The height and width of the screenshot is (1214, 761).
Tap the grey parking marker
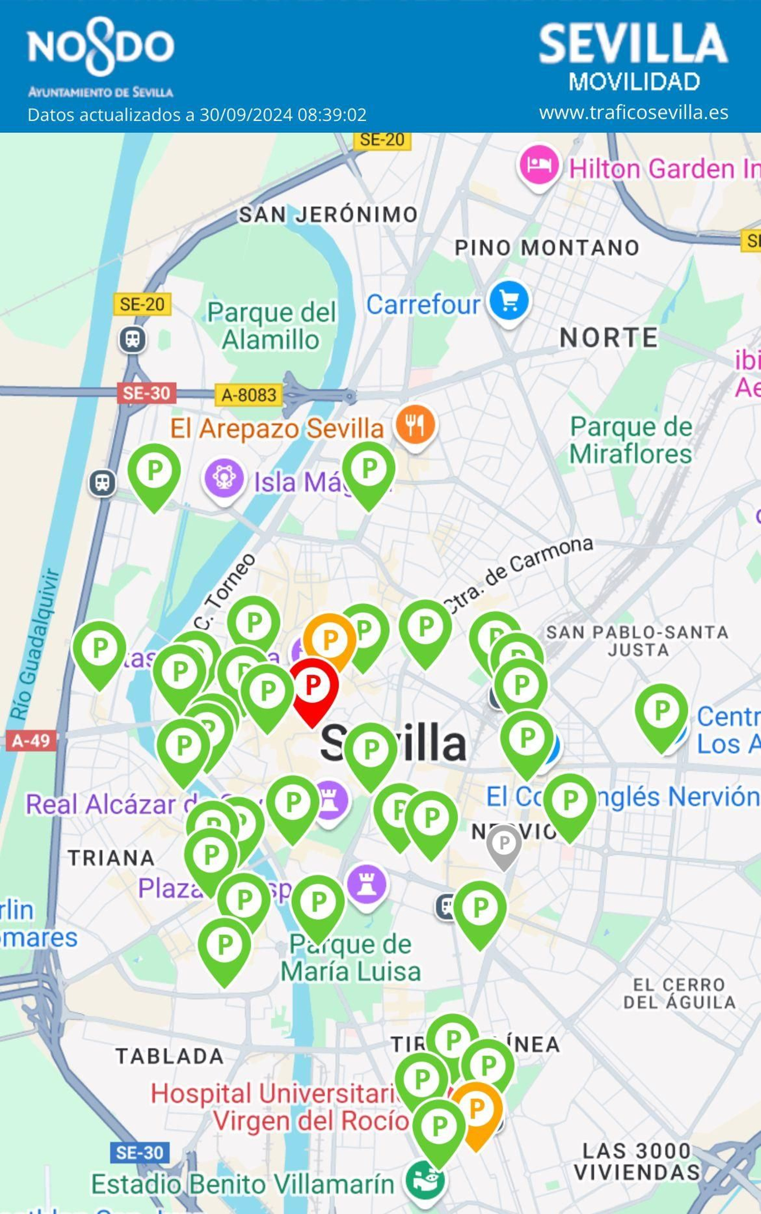[503, 844]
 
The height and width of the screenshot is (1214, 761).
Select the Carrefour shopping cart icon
[509, 302]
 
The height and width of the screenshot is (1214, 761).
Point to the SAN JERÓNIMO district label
[328, 215]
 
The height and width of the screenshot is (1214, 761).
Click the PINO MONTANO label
[546, 248]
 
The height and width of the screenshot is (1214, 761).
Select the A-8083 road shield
[249, 394]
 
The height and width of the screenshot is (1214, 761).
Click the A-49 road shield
[31, 740]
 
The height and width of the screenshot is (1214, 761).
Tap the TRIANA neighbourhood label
[111, 858]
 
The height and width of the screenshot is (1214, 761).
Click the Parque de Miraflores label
[631, 440]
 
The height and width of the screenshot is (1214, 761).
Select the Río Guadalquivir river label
[35, 644]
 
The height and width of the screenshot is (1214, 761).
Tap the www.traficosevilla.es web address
[634, 112]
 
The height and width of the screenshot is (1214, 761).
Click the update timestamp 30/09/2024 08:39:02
[283, 115]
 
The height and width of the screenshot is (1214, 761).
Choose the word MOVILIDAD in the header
[634, 81]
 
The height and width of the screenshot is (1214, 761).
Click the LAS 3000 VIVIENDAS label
[637, 1161]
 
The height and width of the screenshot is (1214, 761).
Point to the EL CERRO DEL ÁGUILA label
[679, 993]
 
